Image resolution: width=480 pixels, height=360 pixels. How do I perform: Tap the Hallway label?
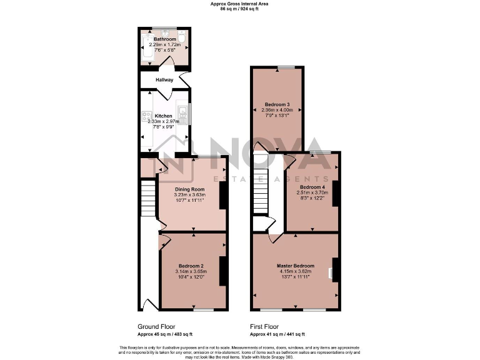tap(164, 80)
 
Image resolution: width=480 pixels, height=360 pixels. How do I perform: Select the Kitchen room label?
tap(163, 116)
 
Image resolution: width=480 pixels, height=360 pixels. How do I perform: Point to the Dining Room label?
tap(189, 189)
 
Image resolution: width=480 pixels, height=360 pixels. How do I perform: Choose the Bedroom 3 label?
tap(277, 104)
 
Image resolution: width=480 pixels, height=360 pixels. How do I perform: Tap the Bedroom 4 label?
tap(312, 187)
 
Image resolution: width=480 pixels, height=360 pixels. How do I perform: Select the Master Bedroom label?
tap(295, 266)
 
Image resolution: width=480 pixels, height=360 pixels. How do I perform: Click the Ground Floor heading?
tap(156, 326)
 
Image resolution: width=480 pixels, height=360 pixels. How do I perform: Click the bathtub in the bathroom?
tap(145, 51)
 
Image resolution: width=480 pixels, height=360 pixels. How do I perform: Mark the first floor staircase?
tap(260, 190)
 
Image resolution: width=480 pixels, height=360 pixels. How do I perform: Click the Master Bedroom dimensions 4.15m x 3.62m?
tap(294, 272)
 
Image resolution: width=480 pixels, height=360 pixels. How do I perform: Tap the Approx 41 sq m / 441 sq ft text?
tap(277, 334)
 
